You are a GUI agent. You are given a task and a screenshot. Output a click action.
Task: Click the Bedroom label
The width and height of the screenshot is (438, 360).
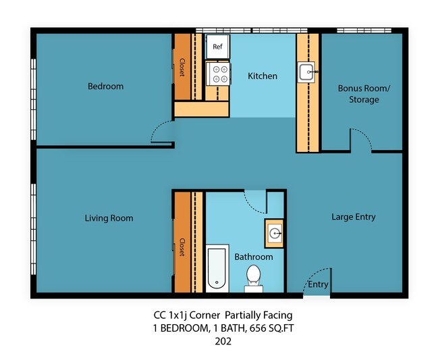click(105, 86)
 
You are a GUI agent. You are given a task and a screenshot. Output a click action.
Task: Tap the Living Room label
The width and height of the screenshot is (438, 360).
click(109, 218)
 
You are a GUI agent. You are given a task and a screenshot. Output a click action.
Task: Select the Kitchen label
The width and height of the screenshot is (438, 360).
click(263, 76)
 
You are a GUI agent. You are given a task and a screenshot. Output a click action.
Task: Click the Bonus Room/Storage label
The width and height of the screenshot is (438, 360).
click(358, 94)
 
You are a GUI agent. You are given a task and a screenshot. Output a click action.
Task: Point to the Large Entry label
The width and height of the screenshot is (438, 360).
click(353, 217)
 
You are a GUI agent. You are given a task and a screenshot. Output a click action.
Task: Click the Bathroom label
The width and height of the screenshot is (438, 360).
click(253, 257)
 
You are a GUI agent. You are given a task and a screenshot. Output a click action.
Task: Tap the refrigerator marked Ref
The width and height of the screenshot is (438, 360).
click(217, 47)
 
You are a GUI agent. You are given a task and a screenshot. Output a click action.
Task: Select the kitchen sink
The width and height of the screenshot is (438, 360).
click(306, 72)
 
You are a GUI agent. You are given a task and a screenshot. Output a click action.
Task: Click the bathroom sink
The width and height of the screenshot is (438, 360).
click(275, 234)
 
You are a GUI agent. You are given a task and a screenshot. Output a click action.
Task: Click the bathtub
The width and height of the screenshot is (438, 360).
click(217, 268)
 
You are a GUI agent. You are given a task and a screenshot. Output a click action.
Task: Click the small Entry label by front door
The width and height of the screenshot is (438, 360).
click(318, 284)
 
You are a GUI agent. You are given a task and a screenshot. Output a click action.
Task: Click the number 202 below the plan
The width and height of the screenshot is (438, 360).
click(222, 341)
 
